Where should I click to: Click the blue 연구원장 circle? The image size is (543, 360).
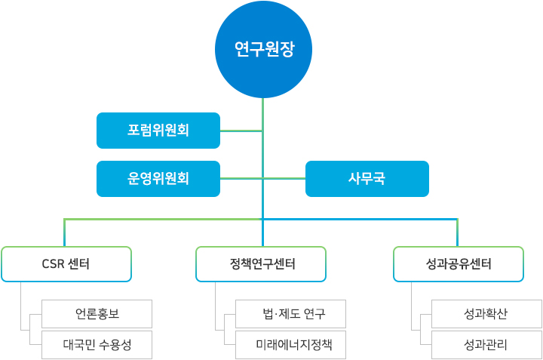263,50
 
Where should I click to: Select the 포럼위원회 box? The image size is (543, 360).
158,131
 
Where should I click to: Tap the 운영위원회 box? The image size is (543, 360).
158,179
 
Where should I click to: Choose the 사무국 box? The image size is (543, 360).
367,179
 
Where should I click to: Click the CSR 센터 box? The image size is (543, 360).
66,264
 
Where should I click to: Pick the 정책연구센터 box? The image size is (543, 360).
261,264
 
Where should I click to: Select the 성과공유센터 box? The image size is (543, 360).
459,264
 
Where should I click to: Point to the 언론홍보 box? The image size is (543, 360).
97,313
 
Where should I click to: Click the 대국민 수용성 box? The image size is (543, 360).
97,345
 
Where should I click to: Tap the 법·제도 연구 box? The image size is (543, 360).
290,313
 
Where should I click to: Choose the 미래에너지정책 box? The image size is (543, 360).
290,345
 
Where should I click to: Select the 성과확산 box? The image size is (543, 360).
486,313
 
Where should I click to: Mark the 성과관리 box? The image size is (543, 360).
486,345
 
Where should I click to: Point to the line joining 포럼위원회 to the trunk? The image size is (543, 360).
241,131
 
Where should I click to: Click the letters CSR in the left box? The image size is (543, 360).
53,264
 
